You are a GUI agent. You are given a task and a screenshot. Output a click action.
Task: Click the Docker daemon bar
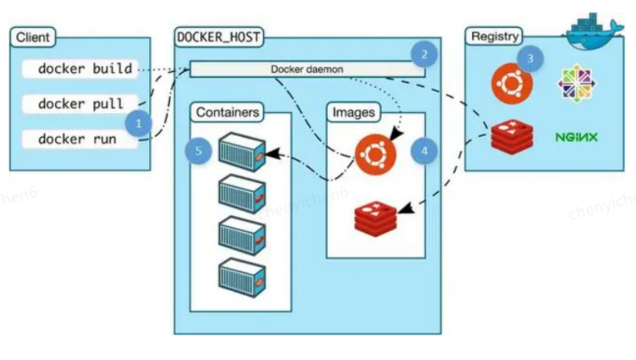click(307, 70)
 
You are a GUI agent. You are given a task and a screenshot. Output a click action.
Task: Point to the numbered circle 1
click(139, 125)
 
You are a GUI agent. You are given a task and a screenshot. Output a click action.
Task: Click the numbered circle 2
click(424, 55)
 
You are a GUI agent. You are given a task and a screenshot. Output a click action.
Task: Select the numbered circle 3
click(531, 59)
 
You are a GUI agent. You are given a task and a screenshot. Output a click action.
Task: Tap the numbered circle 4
click(424, 152)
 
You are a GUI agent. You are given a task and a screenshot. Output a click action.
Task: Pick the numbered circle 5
click(198, 152)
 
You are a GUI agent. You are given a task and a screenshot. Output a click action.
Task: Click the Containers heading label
click(229, 112)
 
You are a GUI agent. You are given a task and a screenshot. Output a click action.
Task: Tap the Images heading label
click(353, 112)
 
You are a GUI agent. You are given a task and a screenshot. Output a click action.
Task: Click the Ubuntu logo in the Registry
click(508, 83)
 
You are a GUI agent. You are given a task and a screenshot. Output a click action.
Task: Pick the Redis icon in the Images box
click(375, 217)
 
